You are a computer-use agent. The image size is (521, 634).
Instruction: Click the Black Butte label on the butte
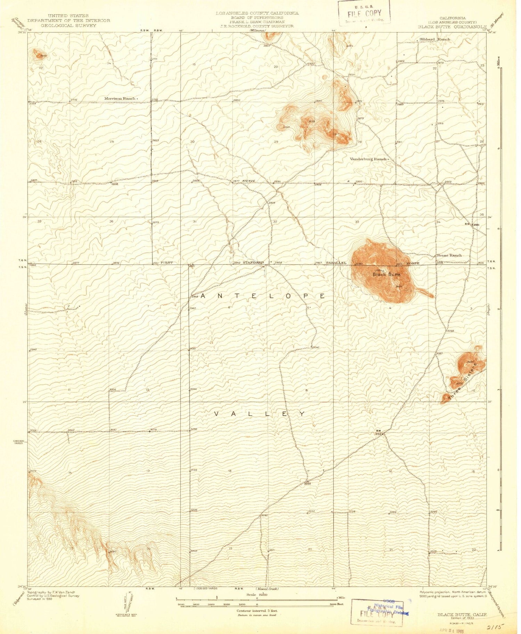pos(386,274)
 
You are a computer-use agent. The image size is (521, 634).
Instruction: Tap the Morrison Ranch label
pos(120,99)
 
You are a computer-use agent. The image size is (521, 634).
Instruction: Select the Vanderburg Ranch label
pos(368,159)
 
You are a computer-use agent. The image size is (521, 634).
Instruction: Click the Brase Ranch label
pos(449,255)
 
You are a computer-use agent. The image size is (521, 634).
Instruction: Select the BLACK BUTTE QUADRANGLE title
pos(452,26)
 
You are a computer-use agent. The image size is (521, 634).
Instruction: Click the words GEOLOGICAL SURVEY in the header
pos(68,25)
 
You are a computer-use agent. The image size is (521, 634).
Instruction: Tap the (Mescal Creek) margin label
pos(267,589)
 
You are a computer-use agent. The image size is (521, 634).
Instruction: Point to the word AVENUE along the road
pos(249,181)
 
